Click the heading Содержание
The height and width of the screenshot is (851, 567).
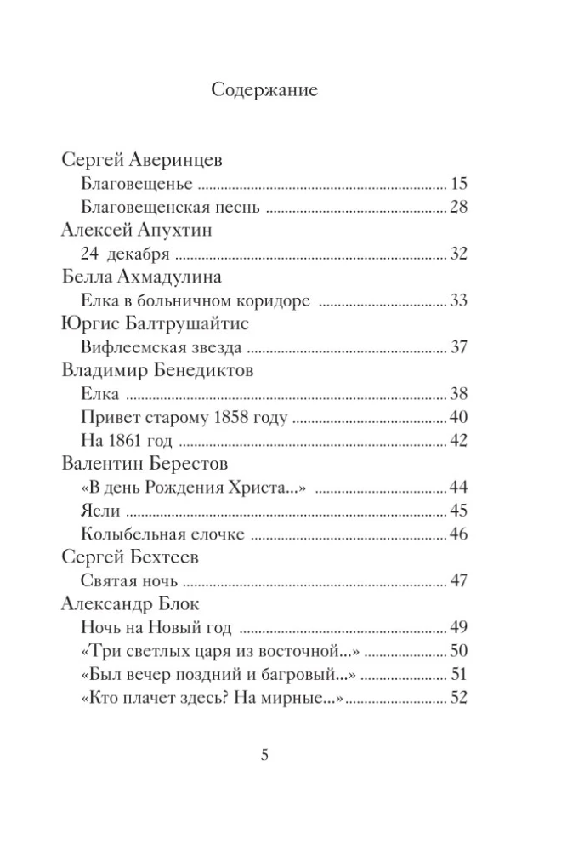click(x=264, y=89)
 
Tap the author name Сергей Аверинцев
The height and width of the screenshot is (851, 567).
click(x=143, y=160)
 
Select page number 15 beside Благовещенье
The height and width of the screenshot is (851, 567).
click(x=460, y=184)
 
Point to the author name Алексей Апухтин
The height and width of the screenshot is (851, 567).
click(x=137, y=231)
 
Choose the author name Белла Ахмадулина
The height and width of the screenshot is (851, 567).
click(x=142, y=277)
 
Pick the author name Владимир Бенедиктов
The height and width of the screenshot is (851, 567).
click(x=158, y=371)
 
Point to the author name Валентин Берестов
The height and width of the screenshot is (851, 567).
click(x=145, y=465)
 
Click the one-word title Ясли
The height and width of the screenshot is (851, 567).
click(x=100, y=511)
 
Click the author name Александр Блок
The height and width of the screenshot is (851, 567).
click(x=131, y=605)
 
